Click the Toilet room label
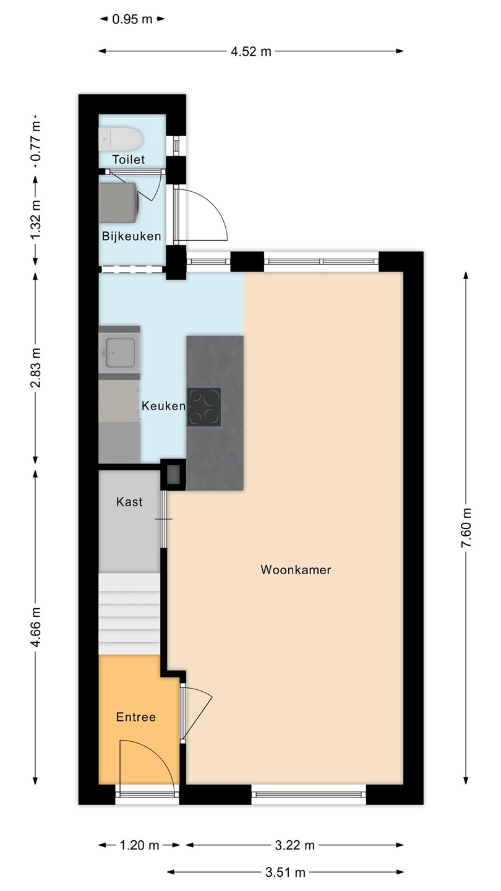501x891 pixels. [x=129, y=160]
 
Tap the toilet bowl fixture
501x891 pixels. [x=121, y=139]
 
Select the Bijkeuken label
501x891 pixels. [x=132, y=236]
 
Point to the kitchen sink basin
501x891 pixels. [x=119, y=353]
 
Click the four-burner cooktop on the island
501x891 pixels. [x=204, y=407]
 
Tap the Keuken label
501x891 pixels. [x=163, y=406]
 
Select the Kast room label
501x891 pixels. [x=129, y=502]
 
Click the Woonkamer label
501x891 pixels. [x=296, y=570]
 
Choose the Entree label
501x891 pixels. [x=136, y=717]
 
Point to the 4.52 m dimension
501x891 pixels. [x=251, y=51]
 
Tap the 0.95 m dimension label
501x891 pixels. [x=132, y=19]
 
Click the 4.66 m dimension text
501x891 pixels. [x=35, y=627]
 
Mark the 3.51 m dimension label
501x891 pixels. [x=286, y=872]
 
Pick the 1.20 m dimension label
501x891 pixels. [x=140, y=845]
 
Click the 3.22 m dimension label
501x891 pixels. [x=294, y=845]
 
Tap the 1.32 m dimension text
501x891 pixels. [x=35, y=220]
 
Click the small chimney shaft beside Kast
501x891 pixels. [x=173, y=475]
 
